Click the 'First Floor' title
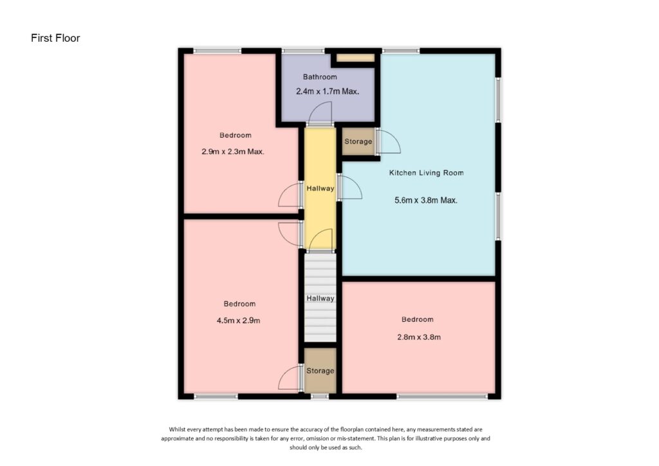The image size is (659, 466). (x=55, y=38)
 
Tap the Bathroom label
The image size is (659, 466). (x=320, y=77)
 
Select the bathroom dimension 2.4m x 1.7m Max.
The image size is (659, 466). (x=327, y=91)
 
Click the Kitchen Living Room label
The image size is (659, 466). (x=425, y=173)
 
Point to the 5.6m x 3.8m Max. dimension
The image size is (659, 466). (x=425, y=200)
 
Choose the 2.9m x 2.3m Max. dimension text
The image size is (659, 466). (x=233, y=153)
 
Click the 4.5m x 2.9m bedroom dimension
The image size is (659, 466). (x=239, y=321)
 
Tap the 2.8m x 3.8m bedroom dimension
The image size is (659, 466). (x=417, y=337)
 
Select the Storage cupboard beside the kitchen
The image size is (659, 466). (x=358, y=142)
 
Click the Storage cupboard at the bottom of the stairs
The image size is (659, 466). (x=320, y=371)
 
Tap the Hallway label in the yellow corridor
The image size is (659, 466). (x=320, y=189)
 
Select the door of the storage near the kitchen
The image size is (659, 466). (x=389, y=142)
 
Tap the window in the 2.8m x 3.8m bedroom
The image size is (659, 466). (x=441, y=396)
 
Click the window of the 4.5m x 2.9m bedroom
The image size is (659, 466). (x=216, y=396)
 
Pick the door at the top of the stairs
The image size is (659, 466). (x=320, y=242)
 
